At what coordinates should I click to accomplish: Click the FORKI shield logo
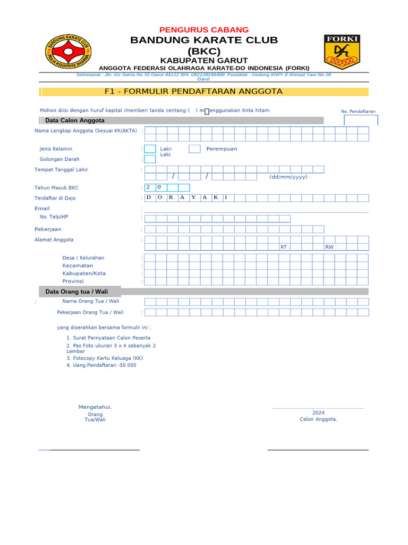click(x=342, y=52)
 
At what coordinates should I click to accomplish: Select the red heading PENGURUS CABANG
click(x=204, y=30)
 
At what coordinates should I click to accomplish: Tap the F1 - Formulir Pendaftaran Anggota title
click(x=193, y=92)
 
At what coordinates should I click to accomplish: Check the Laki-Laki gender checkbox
click(x=150, y=149)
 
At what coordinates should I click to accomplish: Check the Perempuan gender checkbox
click(x=194, y=149)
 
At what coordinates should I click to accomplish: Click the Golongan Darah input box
click(x=150, y=159)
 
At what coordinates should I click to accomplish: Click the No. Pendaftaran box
click(x=361, y=120)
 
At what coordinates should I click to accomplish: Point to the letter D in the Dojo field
click(x=149, y=197)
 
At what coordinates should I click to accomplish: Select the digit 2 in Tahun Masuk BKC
click(x=149, y=187)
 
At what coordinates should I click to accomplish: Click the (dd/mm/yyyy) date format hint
click(x=288, y=177)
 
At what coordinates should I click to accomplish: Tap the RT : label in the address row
click(x=285, y=247)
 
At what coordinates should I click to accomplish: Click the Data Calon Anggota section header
click(x=75, y=120)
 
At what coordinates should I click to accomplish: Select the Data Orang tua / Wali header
click(x=76, y=292)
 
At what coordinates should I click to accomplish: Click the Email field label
click(x=42, y=209)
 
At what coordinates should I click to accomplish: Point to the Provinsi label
click(x=73, y=281)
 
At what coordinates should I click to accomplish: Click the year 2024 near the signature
click(x=318, y=413)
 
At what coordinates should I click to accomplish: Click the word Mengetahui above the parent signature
click(x=95, y=407)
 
